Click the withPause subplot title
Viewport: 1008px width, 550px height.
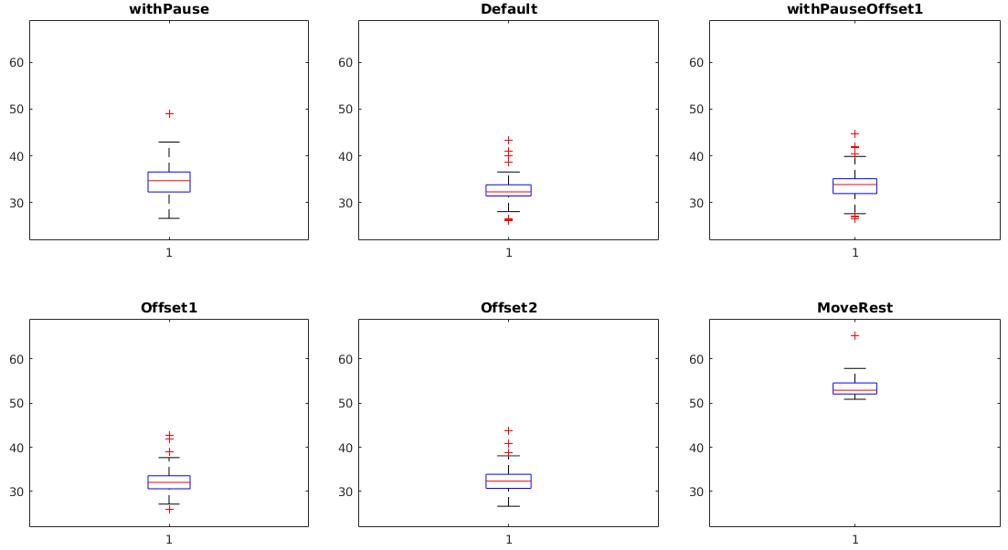click(169, 9)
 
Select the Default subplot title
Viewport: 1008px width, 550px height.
click(508, 9)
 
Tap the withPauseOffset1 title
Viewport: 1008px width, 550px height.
click(854, 9)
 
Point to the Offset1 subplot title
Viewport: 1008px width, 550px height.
click(169, 308)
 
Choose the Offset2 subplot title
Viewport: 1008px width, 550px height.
click(508, 308)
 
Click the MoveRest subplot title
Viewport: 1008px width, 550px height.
click(854, 308)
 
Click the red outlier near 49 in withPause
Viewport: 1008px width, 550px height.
click(169, 113)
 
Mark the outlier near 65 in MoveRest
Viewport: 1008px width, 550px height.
click(854, 335)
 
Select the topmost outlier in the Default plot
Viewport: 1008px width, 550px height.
click(508, 140)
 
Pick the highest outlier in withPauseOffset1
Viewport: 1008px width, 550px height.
click(854, 133)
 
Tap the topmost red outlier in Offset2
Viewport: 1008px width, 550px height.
click(508, 430)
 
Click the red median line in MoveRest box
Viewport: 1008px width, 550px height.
click(854, 390)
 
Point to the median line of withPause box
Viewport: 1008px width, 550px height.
click(169, 181)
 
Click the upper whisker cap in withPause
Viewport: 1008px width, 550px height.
click(169, 142)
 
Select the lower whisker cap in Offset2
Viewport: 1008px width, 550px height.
click(508, 506)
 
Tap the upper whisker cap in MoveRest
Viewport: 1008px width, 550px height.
click(854, 368)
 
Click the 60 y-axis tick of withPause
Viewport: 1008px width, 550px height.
click(16, 62)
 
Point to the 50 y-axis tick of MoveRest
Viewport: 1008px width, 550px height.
click(696, 403)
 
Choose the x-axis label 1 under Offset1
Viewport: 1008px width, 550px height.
click(169, 540)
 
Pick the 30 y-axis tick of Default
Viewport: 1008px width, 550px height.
click(345, 202)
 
